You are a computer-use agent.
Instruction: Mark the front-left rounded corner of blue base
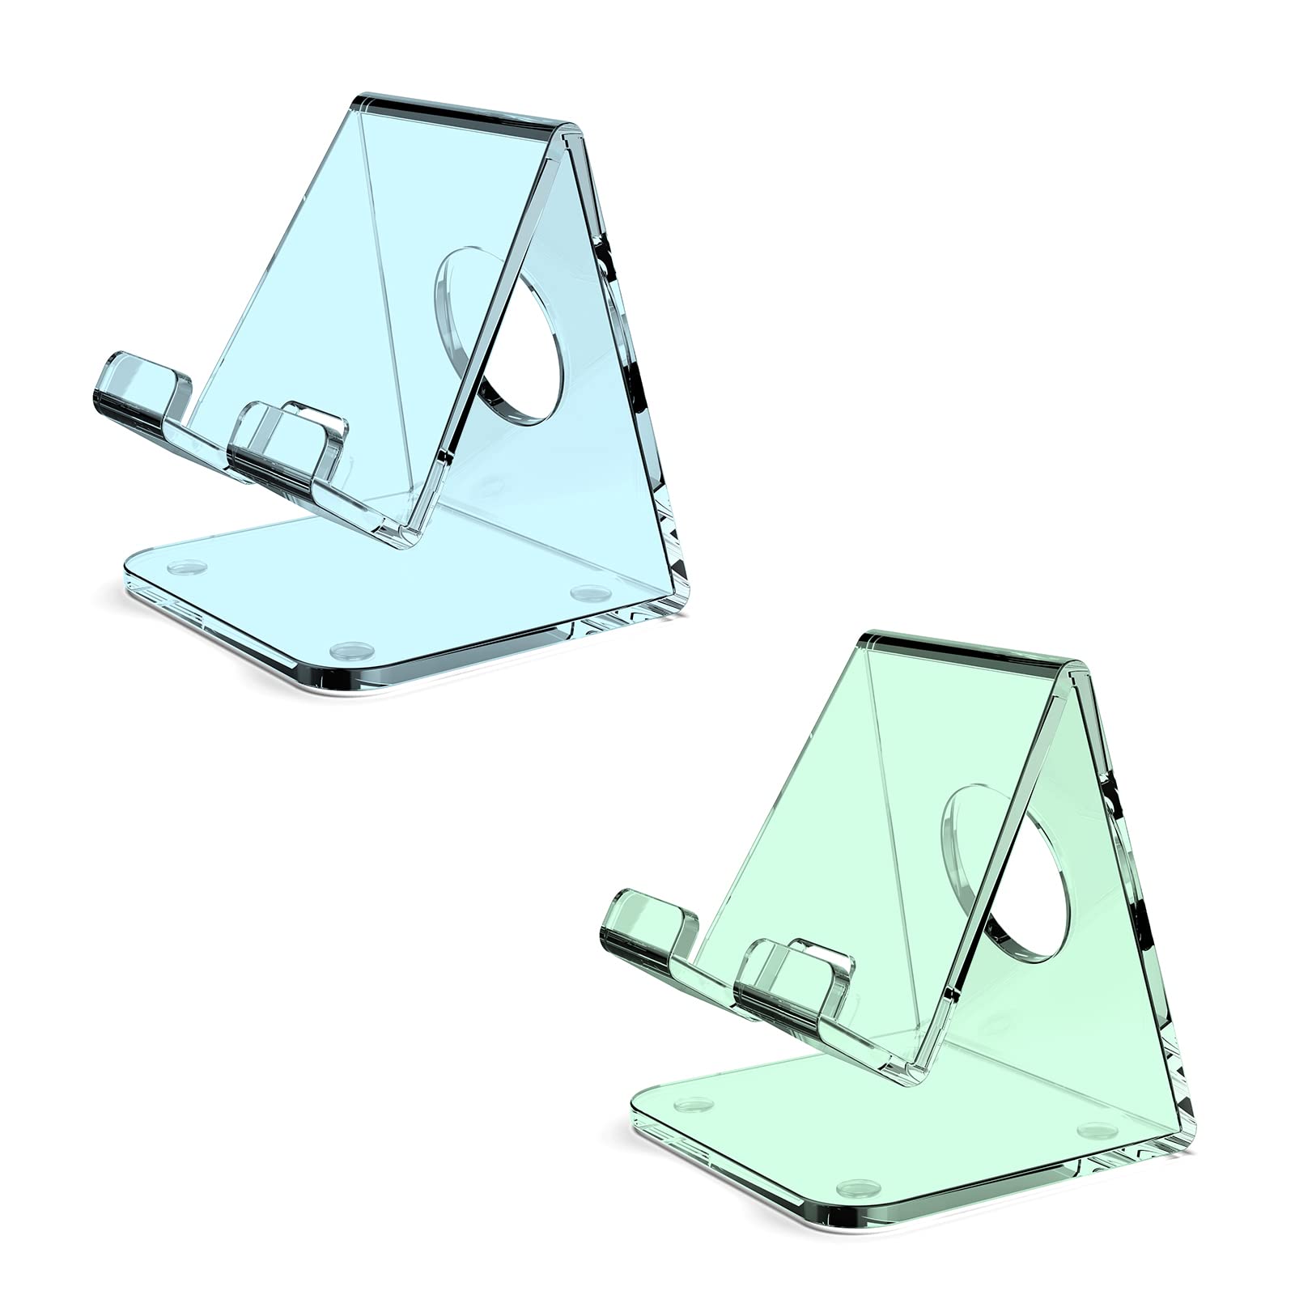pos(134,575)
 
